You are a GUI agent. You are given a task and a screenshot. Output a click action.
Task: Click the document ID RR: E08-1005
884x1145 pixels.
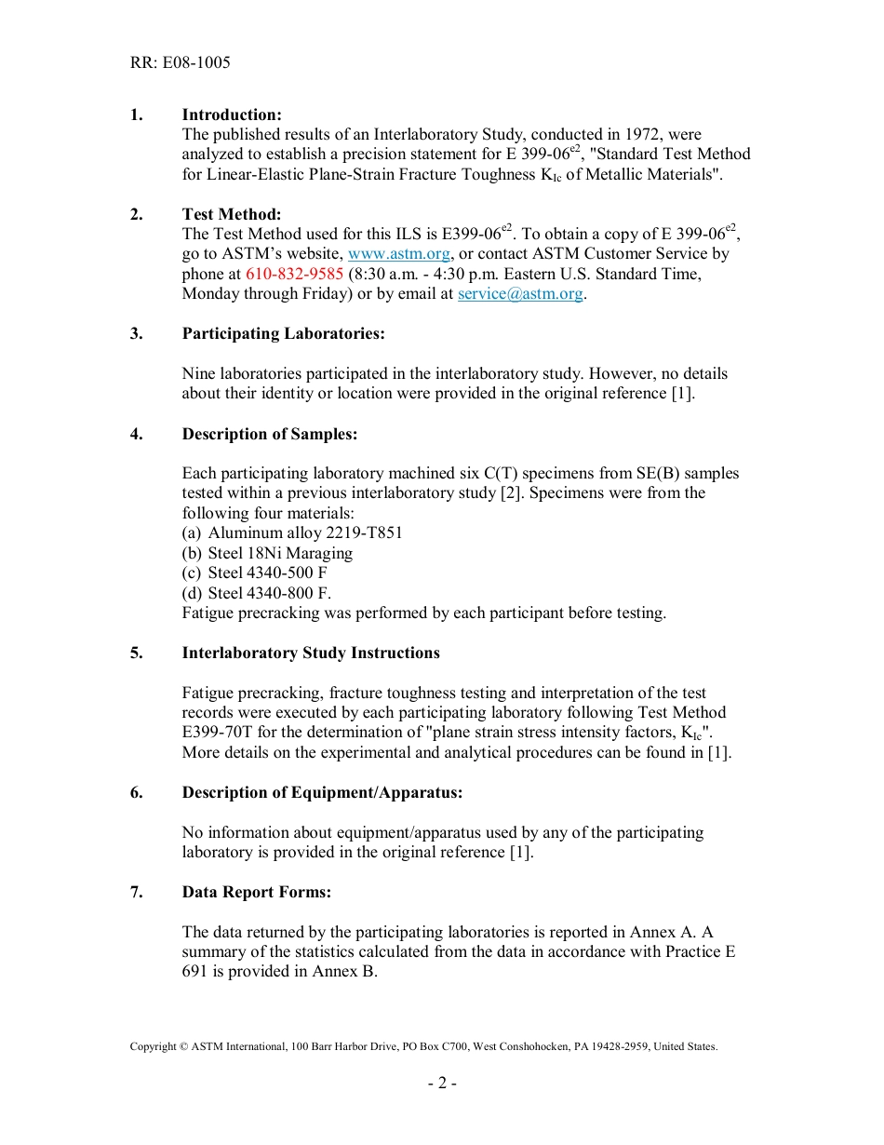[x=180, y=63]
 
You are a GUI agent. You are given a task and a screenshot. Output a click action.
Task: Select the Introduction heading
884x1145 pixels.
[x=232, y=114]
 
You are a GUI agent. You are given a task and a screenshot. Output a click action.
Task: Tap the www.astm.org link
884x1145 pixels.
[x=399, y=254]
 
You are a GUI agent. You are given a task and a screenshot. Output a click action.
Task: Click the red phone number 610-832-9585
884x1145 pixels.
[x=294, y=274]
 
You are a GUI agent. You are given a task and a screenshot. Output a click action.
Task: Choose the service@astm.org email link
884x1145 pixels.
[x=520, y=294]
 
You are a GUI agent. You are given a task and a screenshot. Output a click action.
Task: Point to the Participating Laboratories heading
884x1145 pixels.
[x=283, y=333]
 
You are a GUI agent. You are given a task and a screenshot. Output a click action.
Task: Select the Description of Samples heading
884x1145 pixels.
[x=269, y=434]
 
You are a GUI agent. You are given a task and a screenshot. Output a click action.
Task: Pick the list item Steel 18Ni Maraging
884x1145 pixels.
[x=279, y=553]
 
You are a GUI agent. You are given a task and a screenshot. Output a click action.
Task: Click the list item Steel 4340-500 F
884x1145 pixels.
[x=267, y=573]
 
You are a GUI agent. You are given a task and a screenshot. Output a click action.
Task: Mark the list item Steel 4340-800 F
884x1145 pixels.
[x=269, y=593]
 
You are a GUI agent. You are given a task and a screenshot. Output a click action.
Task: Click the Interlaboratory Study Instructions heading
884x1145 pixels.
[x=311, y=653]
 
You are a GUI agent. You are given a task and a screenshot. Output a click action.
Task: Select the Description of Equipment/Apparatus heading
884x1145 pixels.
[x=322, y=792]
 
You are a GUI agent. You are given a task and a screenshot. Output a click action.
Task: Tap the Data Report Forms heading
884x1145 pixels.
[x=256, y=892]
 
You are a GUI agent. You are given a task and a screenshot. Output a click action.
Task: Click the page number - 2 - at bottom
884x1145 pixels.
[x=441, y=1083]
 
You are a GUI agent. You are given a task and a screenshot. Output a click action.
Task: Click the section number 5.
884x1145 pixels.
[x=136, y=653]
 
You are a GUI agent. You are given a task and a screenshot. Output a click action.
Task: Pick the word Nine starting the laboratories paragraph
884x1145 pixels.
[x=198, y=373]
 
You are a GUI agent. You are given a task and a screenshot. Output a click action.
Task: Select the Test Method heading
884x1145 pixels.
[x=232, y=214]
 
